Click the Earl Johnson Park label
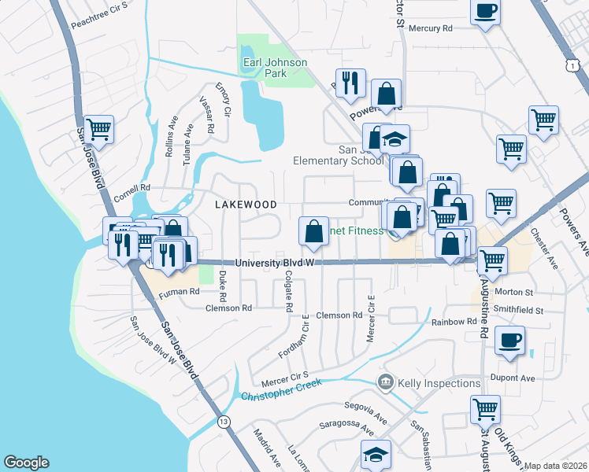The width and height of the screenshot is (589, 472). click(x=264, y=67)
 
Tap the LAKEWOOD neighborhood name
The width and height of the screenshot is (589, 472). click(x=246, y=205)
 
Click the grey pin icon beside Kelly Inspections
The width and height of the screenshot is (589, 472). click(x=386, y=383)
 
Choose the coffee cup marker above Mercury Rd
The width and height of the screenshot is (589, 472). click(x=485, y=12)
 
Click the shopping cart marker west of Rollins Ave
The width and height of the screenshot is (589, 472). click(x=99, y=129)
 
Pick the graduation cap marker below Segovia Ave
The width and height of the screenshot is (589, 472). click(x=376, y=455)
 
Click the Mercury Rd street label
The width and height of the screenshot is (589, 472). click(x=435, y=28)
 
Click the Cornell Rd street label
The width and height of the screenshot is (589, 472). click(x=132, y=189)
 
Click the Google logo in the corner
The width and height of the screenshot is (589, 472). click(x=26, y=463)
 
